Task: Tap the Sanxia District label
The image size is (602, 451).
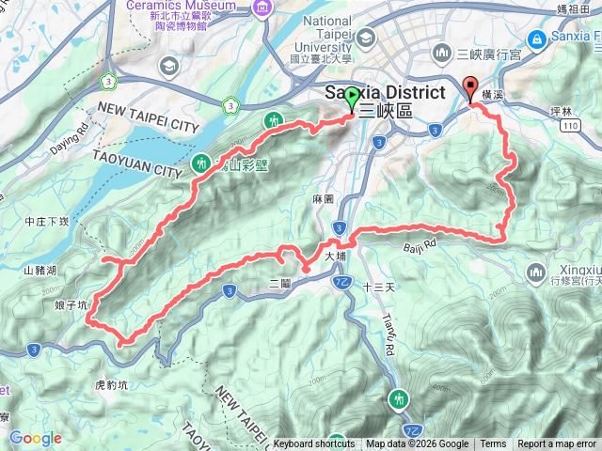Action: tap(383, 93)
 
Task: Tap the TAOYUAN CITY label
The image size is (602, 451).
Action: tap(136, 167)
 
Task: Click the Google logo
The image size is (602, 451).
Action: tap(35, 438)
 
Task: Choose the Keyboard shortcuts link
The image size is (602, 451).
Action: tap(314, 444)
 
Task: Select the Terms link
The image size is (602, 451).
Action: tap(493, 444)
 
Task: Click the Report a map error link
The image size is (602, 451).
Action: tap(557, 444)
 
